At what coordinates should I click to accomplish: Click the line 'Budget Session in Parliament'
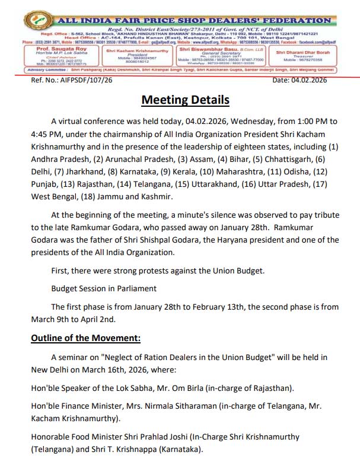tap(104, 289)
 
